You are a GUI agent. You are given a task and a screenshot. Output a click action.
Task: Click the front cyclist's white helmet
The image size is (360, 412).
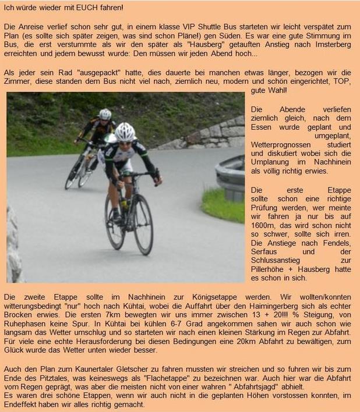124,132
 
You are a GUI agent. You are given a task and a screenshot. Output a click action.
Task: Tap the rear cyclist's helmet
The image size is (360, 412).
105,114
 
